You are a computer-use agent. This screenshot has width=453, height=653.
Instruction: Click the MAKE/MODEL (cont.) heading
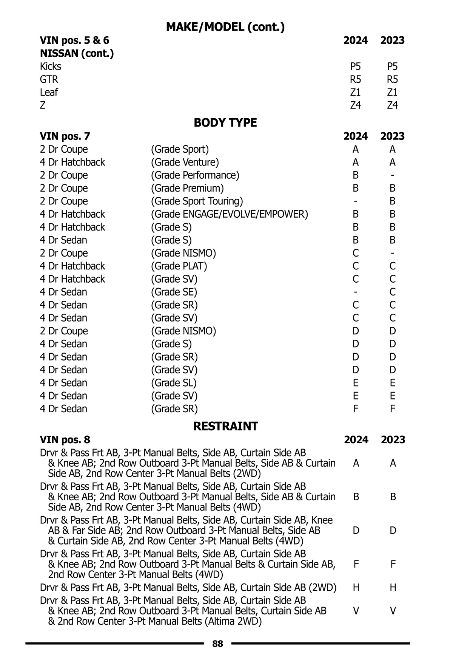(225, 27)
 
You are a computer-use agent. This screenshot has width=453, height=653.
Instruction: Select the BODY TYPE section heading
(225, 123)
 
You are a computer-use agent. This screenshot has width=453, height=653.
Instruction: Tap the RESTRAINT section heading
(225, 426)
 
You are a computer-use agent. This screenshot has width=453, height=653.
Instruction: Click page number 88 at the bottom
(218, 644)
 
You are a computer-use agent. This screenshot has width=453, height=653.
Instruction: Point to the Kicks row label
(51, 67)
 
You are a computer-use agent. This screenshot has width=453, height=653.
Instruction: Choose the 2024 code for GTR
(355, 79)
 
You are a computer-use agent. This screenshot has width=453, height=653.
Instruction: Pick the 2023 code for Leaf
(392, 92)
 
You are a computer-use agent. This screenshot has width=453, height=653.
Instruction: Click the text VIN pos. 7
(65, 136)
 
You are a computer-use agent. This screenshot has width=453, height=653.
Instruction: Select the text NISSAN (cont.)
(77, 53)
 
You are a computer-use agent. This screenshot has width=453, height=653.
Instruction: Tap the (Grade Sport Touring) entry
(197, 201)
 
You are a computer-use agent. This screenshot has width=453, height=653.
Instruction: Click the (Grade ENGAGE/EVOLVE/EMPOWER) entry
(230, 214)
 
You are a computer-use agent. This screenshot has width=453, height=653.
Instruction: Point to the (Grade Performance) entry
(195, 175)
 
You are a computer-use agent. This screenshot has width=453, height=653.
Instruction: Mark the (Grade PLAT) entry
(179, 266)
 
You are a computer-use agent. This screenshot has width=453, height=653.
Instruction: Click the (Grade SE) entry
(174, 292)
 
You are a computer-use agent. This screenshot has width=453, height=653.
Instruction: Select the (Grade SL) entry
(174, 383)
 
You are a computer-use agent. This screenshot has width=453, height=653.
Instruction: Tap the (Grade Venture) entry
(185, 162)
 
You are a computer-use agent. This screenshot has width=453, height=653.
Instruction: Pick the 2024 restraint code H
(356, 588)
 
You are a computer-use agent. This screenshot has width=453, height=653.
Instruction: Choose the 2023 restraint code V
(393, 611)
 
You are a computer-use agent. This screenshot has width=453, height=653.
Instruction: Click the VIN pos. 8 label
(65, 440)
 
